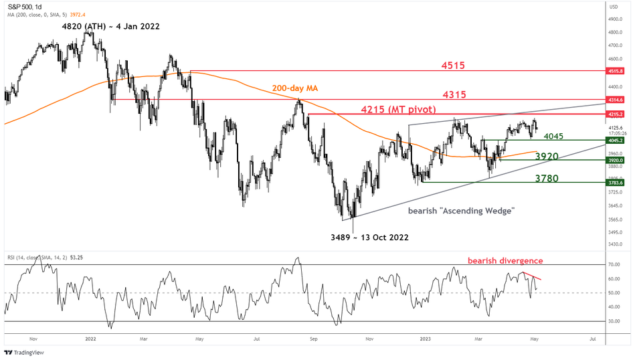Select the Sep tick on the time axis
312,339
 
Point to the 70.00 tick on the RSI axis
613,264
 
